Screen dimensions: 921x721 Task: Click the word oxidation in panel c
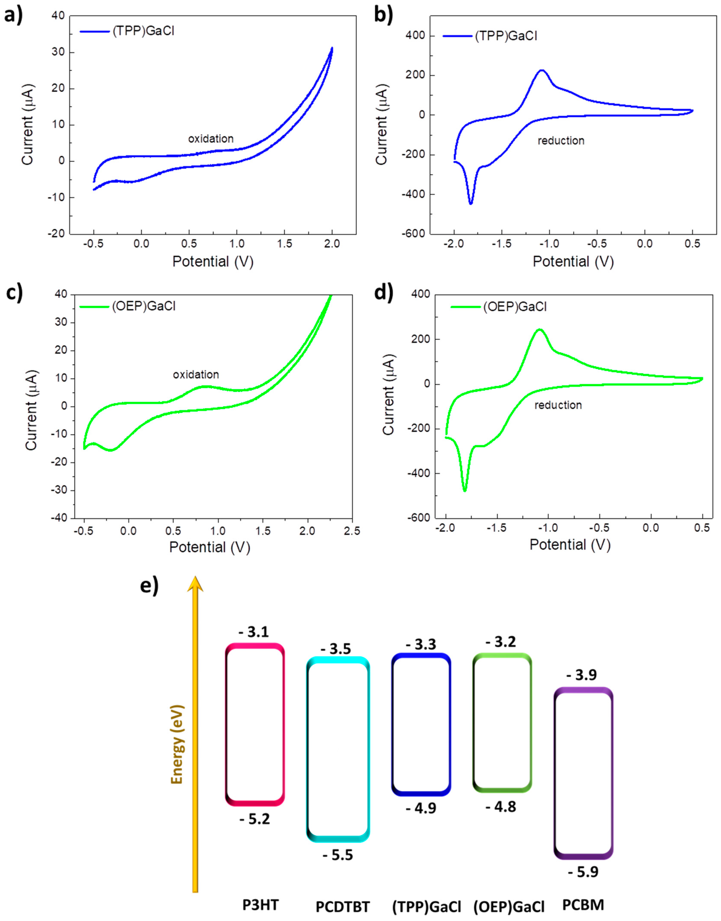point(196,374)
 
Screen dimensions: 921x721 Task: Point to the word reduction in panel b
point(561,140)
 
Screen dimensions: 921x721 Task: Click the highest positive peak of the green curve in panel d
point(539,329)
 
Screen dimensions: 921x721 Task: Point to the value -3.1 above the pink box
point(254,632)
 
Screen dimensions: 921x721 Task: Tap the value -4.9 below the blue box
point(421,808)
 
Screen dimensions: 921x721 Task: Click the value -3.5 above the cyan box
point(336,649)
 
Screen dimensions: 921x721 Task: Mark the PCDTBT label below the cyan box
point(343,906)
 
